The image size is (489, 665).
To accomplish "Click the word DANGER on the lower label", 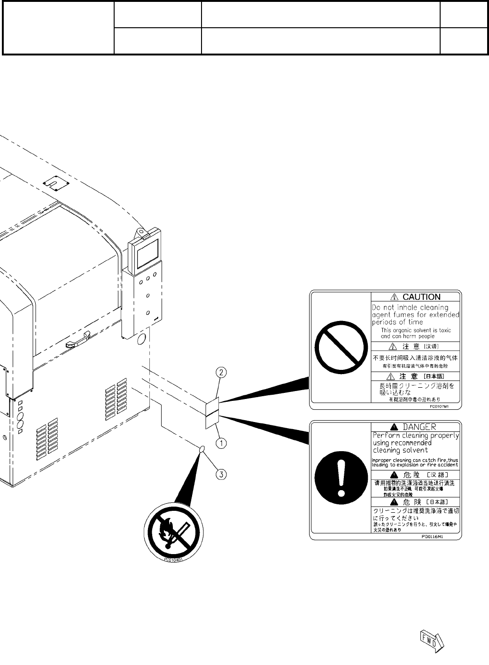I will click(x=419, y=427).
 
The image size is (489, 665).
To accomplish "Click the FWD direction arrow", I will click(x=431, y=640).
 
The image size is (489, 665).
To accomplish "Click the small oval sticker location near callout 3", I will click(x=202, y=449).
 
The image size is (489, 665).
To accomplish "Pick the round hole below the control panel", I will click(x=141, y=341).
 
